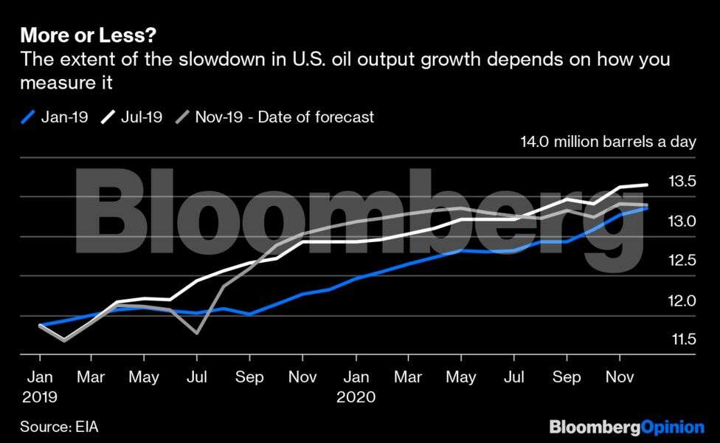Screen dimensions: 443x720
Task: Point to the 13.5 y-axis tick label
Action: [682, 182]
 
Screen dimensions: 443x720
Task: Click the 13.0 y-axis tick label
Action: [682, 221]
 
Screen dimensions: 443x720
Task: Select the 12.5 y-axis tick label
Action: [682, 260]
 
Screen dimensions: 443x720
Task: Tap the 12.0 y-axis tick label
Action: [682, 300]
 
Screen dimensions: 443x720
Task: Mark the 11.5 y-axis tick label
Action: [682, 339]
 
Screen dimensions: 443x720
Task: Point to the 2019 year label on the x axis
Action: [39, 396]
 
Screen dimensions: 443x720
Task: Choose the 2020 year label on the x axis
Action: [356, 396]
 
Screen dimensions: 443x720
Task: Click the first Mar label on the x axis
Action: [91, 377]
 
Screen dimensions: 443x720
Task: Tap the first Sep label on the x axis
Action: [249, 377]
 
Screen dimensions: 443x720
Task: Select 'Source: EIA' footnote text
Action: [59, 427]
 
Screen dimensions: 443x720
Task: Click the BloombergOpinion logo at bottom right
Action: [626, 427]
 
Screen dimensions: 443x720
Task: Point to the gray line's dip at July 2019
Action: [197, 333]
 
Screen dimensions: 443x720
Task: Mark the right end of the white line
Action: [647, 185]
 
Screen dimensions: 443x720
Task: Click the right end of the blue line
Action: [647, 208]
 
